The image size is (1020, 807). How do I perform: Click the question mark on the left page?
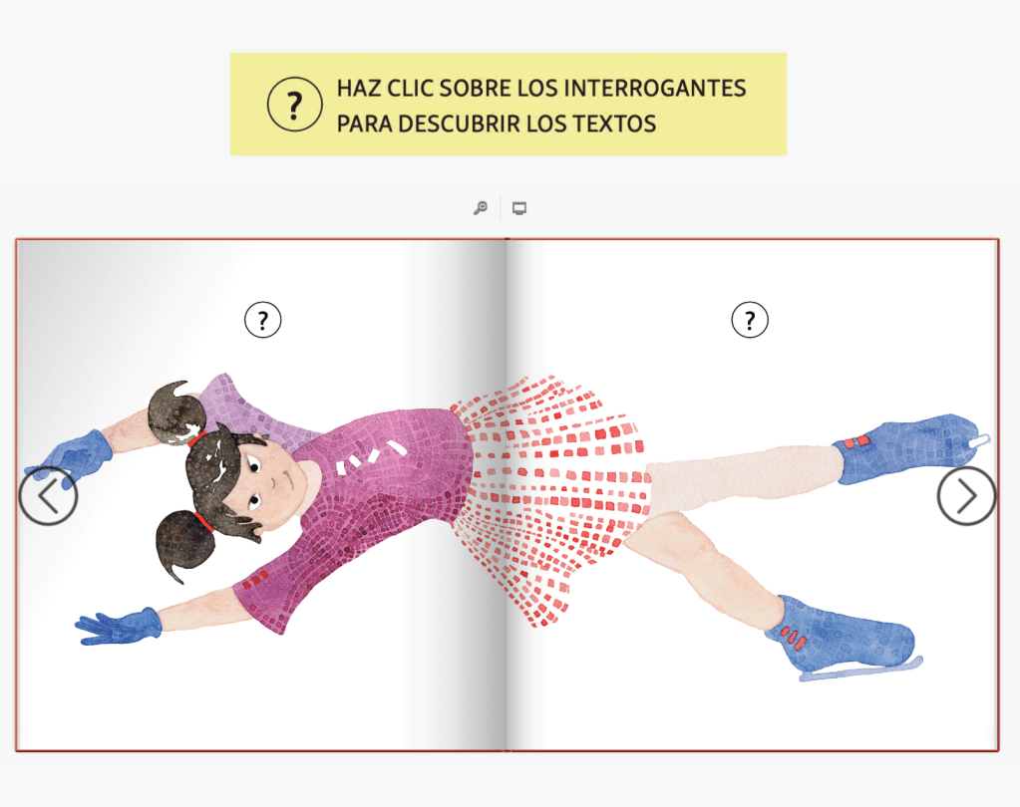click(x=263, y=320)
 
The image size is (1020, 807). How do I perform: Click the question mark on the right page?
click(x=750, y=320)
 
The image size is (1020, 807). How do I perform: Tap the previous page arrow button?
click(x=48, y=496)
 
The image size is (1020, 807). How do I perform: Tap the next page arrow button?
click(x=967, y=496)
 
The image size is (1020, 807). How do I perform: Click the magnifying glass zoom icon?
click(x=480, y=208)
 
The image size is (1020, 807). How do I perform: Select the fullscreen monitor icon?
click(x=519, y=208)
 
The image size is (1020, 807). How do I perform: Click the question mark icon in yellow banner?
click(x=295, y=104)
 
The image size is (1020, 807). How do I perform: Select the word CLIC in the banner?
click(x=411, y=88)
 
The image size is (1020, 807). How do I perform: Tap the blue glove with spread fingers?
click(x=118, y=627)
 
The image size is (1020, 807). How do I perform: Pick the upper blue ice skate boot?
click(x=906, y=449)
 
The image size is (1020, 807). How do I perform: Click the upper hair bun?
click(x=174, y=413)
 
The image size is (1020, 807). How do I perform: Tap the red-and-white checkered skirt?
click(x=549, y=497)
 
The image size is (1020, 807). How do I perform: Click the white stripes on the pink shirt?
click(x=371, y=455)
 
